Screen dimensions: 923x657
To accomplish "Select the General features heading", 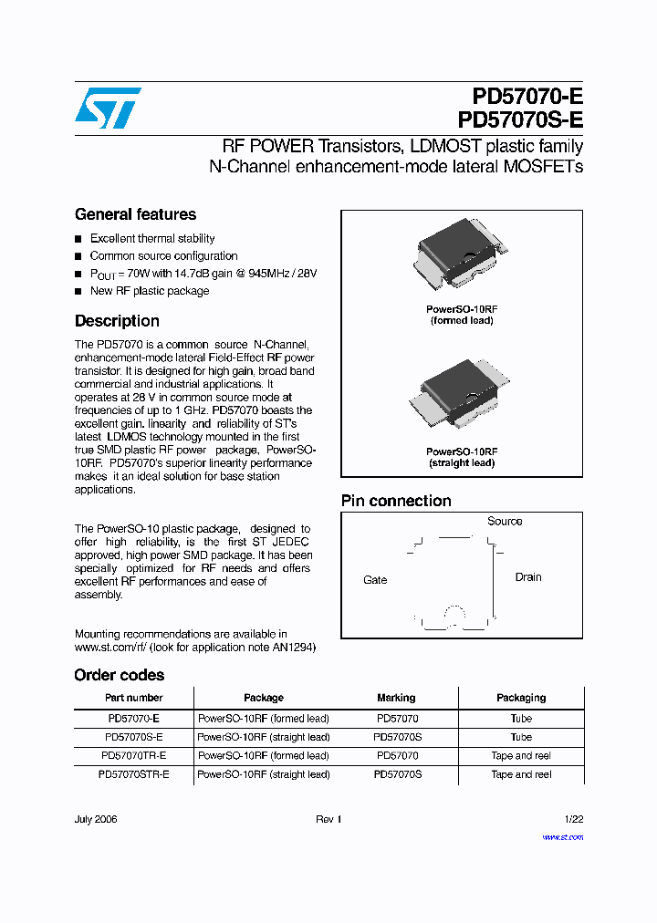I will point(135,214).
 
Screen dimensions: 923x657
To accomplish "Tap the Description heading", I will point(117,321).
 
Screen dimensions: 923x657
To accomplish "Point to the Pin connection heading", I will point(396,501).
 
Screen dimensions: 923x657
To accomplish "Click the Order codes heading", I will point(120,675).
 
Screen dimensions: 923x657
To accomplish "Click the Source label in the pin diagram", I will point(505,522).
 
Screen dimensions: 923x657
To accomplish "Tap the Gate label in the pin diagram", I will point(375,580).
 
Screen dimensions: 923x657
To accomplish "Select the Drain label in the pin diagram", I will point(528,577).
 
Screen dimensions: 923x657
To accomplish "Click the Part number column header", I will point(134,698).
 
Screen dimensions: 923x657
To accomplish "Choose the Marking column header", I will point(396,698).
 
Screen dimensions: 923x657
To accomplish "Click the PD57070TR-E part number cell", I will point(134,755).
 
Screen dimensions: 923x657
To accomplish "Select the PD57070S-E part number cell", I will point(134,737).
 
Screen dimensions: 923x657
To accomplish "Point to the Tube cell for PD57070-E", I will point(521,718).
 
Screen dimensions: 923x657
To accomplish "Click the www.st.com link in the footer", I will point(562,837).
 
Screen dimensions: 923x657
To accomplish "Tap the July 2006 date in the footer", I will point(96,819).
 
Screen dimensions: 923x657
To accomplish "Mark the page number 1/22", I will point(573,819).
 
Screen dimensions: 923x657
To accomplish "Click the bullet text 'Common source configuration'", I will point(163,256).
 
